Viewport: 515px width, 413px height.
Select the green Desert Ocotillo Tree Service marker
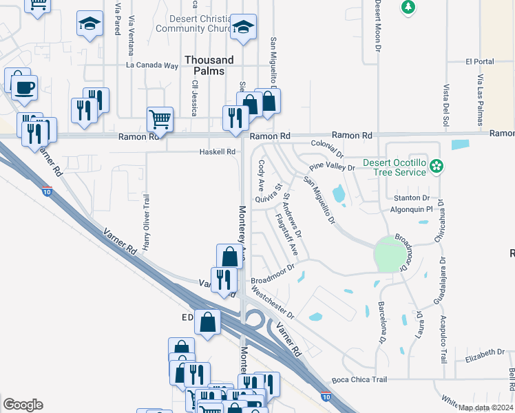(436, 166)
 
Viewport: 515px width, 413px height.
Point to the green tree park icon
(408, 7)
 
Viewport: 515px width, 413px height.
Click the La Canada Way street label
(152, 66)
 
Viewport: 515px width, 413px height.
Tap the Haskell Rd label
(217, 151)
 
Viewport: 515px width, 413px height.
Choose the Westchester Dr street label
(273, 303)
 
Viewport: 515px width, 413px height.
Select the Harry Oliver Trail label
(146, 222)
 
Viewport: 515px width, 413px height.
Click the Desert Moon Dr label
(378, 26)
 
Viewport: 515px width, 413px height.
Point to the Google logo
(23, 405)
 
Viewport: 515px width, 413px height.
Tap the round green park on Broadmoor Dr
(390, 256)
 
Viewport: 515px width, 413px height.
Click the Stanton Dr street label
(410, 198)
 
